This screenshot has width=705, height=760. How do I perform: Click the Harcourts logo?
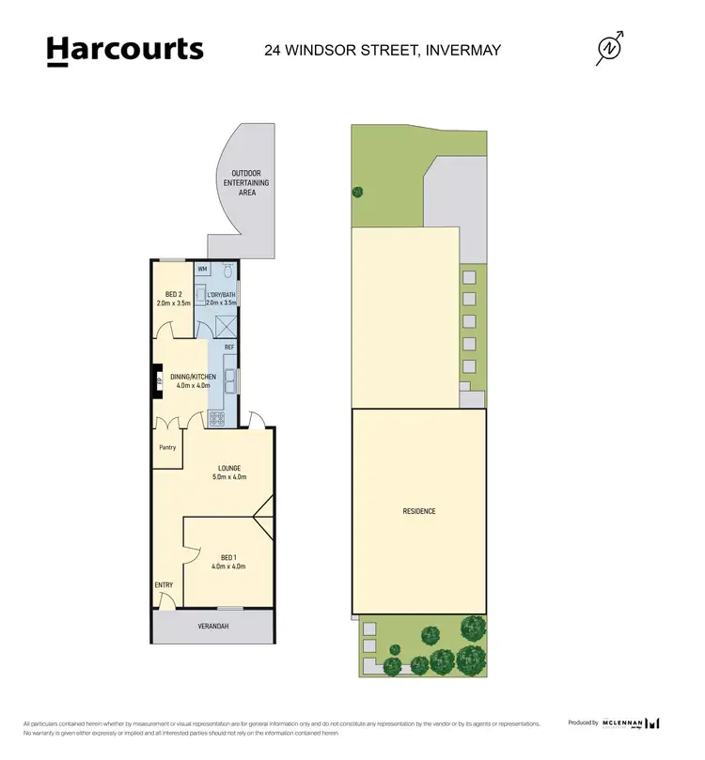click(125, 50)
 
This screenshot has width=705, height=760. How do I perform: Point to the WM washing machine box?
click(202, 269)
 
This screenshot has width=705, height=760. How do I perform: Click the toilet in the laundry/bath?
click(227, 269)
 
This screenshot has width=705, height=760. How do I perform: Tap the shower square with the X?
click(226, 326)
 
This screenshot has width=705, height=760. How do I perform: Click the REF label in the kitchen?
click(229, 348)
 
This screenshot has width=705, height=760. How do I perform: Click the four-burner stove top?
click(217, 418)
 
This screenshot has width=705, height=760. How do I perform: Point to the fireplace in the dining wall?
click(159, 381)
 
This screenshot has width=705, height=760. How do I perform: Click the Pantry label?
click(166, 447)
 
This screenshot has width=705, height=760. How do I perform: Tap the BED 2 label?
click(172, 293)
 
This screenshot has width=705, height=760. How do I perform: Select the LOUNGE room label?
click(228, 468)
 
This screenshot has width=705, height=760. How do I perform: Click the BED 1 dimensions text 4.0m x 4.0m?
click(228, 566)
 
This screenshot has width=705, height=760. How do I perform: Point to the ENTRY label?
click(164, 585)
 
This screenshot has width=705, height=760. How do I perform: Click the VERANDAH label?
click(212, 626)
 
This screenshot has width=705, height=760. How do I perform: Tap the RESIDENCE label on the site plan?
click(419, 511)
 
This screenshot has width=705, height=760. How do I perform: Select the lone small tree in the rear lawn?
click(357, 193)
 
